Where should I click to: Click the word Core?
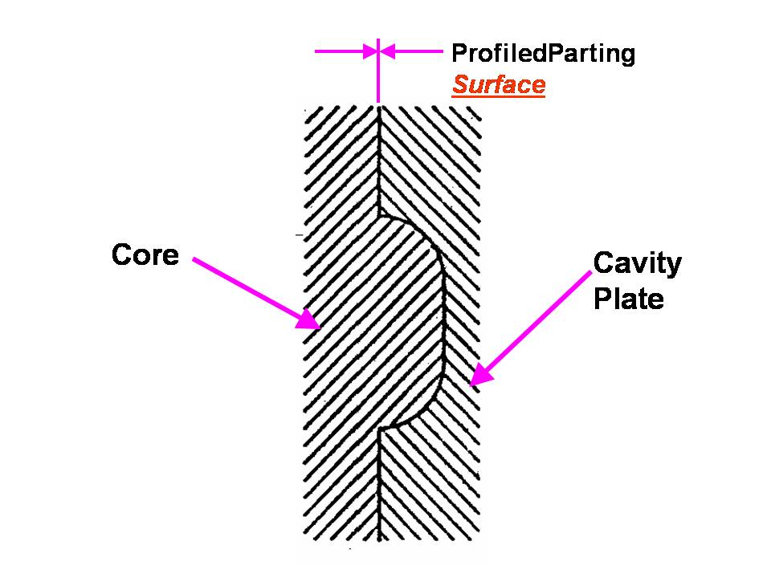point(145,255)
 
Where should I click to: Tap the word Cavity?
point(637,264)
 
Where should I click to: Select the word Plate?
point(628,299)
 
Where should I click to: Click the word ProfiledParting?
point(543,54)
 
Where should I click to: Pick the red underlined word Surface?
point(498,85)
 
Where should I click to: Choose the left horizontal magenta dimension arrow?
point(345,52)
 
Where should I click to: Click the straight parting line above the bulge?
point(378,161)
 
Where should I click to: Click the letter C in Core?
point(121,255)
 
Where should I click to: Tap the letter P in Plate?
point(601,299)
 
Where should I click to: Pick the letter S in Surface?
point(459,85)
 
